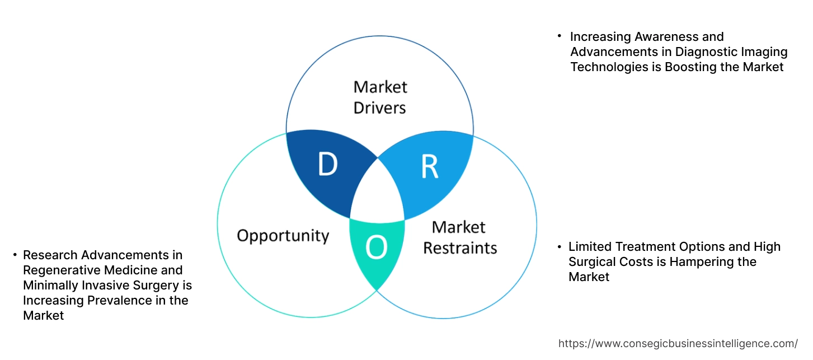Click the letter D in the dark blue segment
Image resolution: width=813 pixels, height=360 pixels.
click(328, 165)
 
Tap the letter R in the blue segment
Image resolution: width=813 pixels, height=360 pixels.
click(429, 166)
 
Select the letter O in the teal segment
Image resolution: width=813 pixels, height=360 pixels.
click(376, 249)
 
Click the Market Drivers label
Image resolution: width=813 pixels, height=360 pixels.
click(380, 97)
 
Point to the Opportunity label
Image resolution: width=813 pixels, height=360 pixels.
click(283, 235)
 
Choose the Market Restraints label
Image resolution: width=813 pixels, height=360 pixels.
click(459, 237)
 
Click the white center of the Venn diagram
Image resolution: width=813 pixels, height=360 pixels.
click(378, 196)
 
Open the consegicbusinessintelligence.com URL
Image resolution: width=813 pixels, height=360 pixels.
click(678, 344)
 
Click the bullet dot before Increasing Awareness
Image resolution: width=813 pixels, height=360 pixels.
click(559, 36)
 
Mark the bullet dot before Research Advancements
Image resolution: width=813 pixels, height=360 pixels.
click(14, 255)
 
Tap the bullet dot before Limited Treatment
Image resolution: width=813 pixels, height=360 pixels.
click(559, 246)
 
